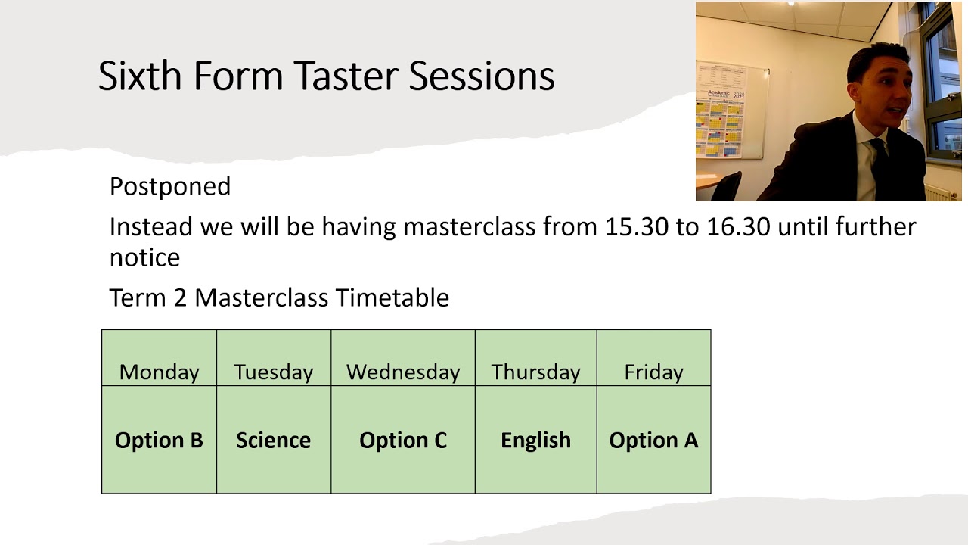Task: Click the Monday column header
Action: pos(159,358)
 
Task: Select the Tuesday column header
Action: pos(274,358)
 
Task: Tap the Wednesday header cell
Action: pos(403,358)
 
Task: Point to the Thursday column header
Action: pos(536,358)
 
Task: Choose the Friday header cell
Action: pos(654,358)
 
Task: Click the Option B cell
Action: pos(159,440)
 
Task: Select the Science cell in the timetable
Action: pos(274,440)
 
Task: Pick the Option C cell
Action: pos(403,440)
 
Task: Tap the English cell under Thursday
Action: pos(536,440)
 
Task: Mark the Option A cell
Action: pos(654,440)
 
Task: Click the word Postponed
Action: pos(170,187)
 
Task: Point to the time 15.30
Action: pos(637,226)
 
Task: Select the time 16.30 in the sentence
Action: pos(738,226)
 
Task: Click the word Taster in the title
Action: pos(347,76)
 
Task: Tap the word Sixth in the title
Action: pos(140,76)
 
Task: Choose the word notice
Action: pos(144,258)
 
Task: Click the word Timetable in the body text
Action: pos(392,297)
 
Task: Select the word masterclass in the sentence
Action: pos(470,226)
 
